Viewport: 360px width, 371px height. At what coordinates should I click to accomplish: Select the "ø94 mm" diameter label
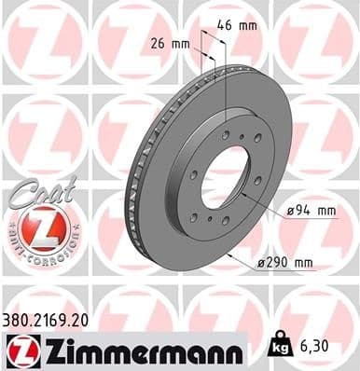click(x=312, y=212)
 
